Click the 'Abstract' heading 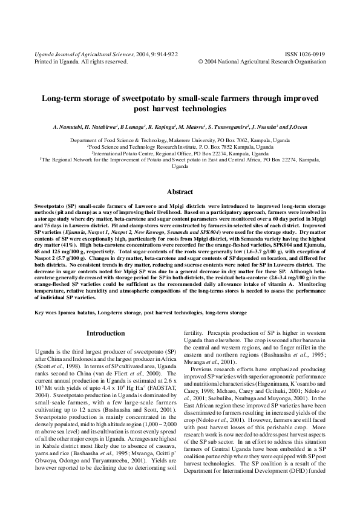[180, 191]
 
